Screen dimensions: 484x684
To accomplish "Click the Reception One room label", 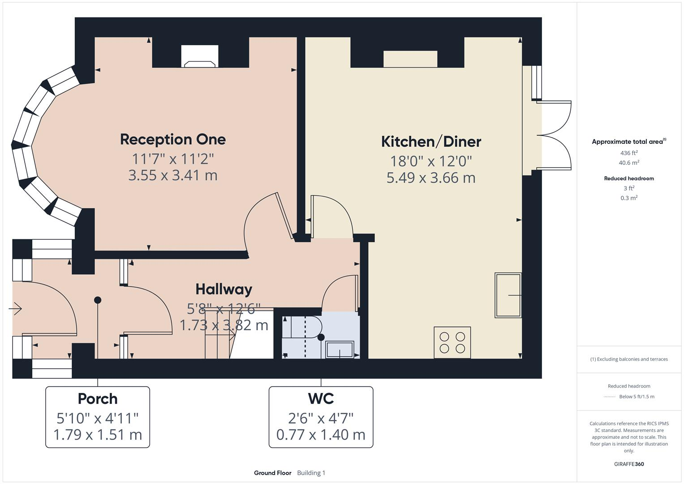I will pyautogui.click(x=172, y=139).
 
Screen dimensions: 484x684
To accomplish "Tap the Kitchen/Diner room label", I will pyautogui.click(x=431, y=142).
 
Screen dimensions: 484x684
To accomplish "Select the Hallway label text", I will pyautogui.click(x=224, y=290).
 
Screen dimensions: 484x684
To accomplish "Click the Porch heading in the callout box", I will pyautogui.click(x=98, y=398).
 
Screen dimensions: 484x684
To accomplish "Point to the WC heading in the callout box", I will pyautogui.click(x=321, y=398).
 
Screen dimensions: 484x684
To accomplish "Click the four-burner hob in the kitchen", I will pyautogui.click(x=452, y=342).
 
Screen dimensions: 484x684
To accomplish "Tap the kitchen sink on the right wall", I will pyautogui.click(x=508, y=295).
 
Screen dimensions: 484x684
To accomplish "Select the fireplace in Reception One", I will pyautogui.click(x=200, y=57).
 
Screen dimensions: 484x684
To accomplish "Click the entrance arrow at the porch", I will pyautogui.click(x=16, y=308).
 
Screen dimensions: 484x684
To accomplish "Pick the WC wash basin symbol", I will pyautogui.click(x=340, y=350).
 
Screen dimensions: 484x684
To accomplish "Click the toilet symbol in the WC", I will pyautogui.click(x=302, y=328).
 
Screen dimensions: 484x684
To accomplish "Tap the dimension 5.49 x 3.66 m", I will pyautogui.click(x=431, y=178).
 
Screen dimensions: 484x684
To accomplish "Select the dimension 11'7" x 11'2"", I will pyautogui.click(x=172, y=159).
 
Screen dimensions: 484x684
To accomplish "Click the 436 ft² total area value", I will pyautogui.click(x=629, y=153).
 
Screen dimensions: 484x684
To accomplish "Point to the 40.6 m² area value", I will pyautogui.click(x=629, y=163).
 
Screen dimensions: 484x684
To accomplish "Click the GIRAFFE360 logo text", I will pyautogui.click(x=629, y=464).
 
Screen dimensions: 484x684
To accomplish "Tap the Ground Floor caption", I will pyautogui.click(x=272, y=473).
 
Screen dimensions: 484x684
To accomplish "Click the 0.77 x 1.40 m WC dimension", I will pyautogui.click(x=321, y=435).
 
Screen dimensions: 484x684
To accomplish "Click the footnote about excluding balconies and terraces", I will pyautogui.click(x=629, y=359).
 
